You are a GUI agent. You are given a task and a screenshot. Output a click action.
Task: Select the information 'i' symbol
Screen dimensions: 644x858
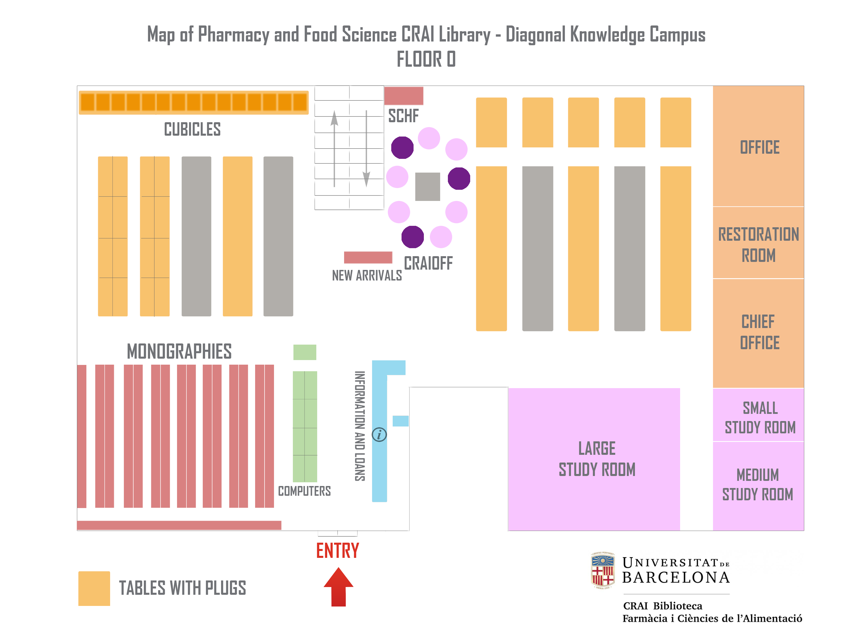pyautogui.click(x=379, y=434)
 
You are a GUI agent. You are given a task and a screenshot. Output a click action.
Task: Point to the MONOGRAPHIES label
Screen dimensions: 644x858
pyautogui.click(x=179, y=351)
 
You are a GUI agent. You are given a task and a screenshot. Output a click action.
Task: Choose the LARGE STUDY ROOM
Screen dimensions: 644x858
pyautogui.click(x=594, y=459)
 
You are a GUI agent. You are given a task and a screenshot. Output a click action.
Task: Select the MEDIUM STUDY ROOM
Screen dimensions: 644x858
pyautogui.click(x=758, y=485)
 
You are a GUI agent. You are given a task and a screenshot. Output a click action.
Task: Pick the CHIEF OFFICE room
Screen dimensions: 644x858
pyautogui.click(x=758, y=333)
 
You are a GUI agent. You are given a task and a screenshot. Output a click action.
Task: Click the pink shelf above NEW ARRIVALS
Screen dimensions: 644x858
pyautogui.click(x=368, y=257)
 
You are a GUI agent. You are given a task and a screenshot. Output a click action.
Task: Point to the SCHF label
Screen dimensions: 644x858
pyautogui.click(x=403, y=116)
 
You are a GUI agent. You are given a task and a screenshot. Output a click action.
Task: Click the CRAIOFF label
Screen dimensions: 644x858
pyautogui.click(x=428, y=263)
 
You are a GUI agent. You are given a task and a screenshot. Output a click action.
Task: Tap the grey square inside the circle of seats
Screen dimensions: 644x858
pyautogui.click(x=428, y=187)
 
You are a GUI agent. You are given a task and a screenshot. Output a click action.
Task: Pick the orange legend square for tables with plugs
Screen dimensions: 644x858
pyautogui.click(x=94, y=588)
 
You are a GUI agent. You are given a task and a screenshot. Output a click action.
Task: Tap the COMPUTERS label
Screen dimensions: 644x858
pyautogui.click(x=305, y=491)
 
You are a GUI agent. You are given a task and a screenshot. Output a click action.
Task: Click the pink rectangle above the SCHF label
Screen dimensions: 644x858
pyautogui.click(x=403, y=96)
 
